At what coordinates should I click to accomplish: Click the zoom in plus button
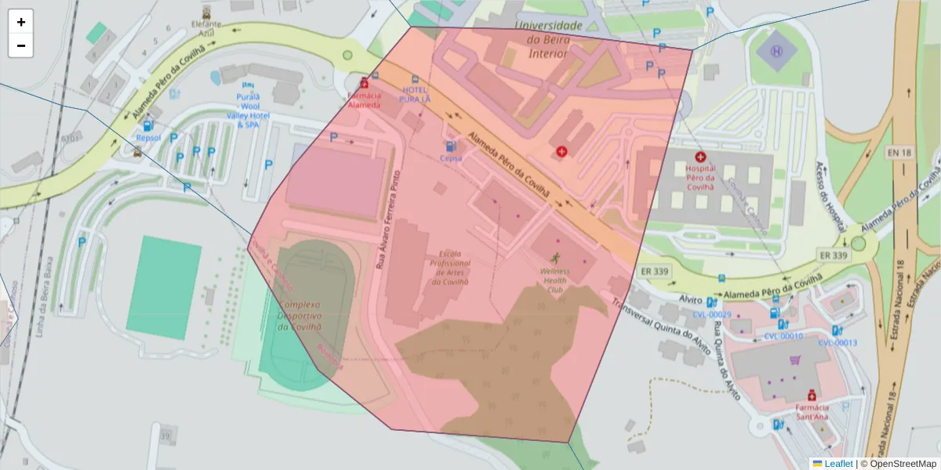click(x=20, y=22)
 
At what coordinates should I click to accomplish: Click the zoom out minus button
click(x=20, y=45)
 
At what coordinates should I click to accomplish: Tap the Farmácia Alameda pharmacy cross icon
click(x=364, y=83)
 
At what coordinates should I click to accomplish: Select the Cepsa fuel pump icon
click(x=451, y=146)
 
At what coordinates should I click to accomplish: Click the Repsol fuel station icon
click(x=148, y=125)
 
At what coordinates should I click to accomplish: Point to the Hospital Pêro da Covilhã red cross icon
click(x=700, y=157)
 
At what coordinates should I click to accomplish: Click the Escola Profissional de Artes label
click(x=449, y=268)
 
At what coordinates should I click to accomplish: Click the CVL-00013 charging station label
click(x=837, y=342)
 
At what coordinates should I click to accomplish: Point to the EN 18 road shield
click(x=900, y=153)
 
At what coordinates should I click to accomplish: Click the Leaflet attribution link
click(x=837, y=464)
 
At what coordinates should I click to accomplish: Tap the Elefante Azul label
click(x=206, y=29)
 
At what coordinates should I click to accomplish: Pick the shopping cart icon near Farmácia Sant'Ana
click(x=795, y=360)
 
